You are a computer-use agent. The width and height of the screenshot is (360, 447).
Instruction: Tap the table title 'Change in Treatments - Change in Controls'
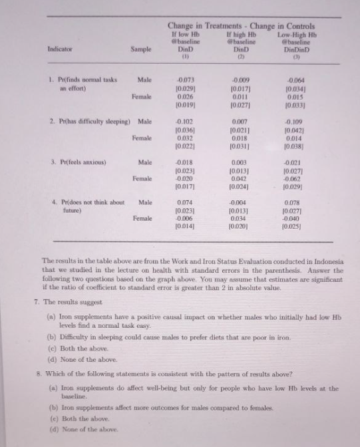click(x=240, y=26)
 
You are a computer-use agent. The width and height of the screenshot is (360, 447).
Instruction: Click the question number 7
click(x=35, y=301)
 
